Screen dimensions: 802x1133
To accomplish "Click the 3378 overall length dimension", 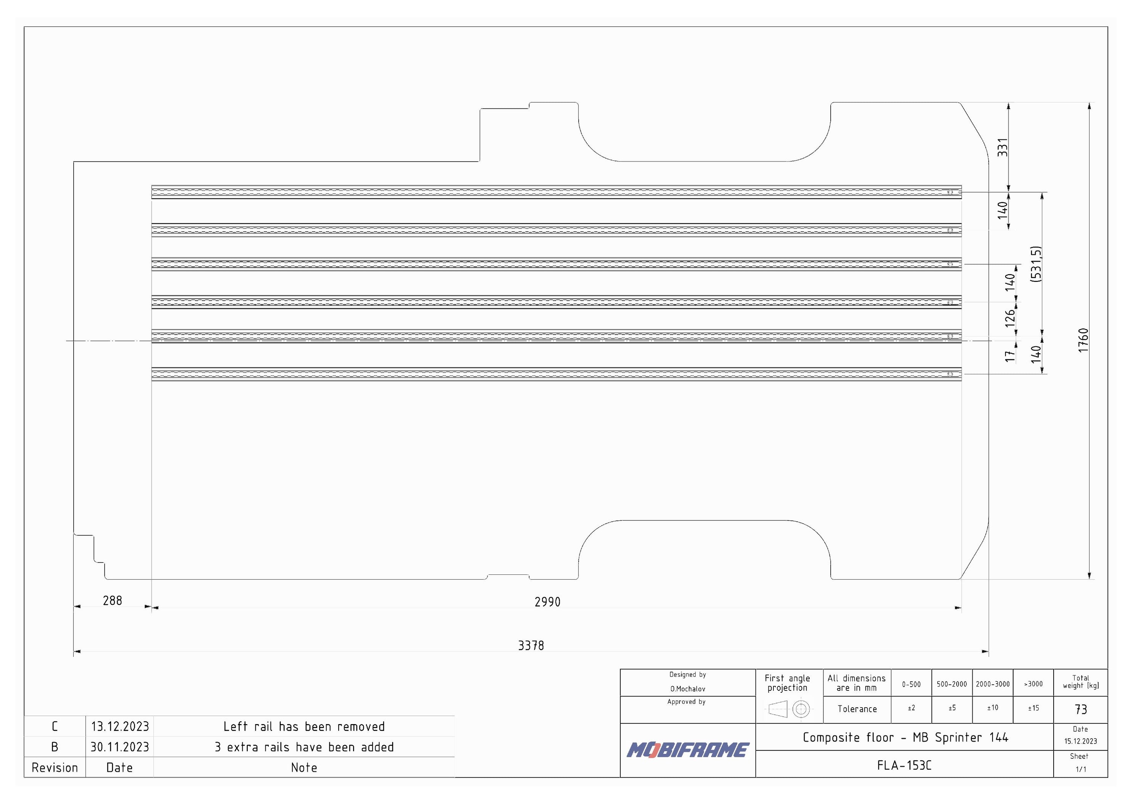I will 531,645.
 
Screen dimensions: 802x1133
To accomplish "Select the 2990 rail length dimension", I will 547,602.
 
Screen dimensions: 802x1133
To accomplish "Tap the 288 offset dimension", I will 112,600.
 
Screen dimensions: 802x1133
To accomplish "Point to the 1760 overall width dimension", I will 1083,340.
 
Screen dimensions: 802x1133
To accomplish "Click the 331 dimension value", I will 1002,147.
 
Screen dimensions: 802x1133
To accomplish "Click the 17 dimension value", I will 1010,356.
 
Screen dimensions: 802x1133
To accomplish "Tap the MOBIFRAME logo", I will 688,750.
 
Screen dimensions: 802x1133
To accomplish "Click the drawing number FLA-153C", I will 904,765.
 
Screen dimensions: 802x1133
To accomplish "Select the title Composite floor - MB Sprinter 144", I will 905,737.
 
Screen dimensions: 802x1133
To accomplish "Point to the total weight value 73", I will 1081,710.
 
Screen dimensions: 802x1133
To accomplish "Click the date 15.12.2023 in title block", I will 1080,741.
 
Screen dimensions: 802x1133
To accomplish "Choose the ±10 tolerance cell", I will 992,708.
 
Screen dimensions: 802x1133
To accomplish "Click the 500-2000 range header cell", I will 951,684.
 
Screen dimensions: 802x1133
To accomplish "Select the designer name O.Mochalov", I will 687,689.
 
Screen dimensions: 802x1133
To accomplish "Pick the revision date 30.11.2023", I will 119,747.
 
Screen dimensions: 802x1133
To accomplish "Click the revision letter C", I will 55,726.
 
